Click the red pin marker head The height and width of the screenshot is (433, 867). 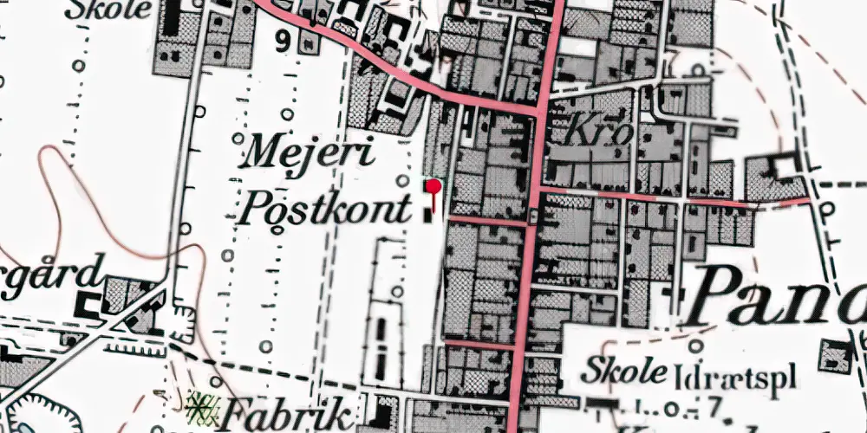433,184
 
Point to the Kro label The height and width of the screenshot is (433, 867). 590,132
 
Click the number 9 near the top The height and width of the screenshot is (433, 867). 284,41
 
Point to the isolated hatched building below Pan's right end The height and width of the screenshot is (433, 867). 835,356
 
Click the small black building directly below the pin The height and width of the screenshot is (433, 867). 431,213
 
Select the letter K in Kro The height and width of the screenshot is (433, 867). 576,132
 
